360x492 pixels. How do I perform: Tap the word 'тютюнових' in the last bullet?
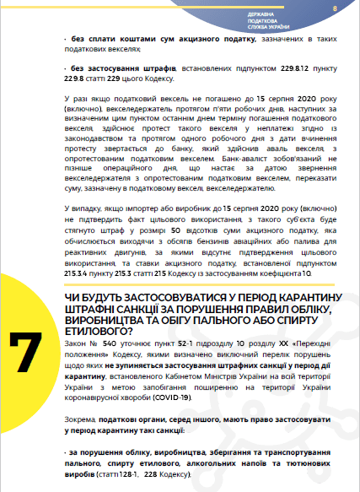coord(298,464)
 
